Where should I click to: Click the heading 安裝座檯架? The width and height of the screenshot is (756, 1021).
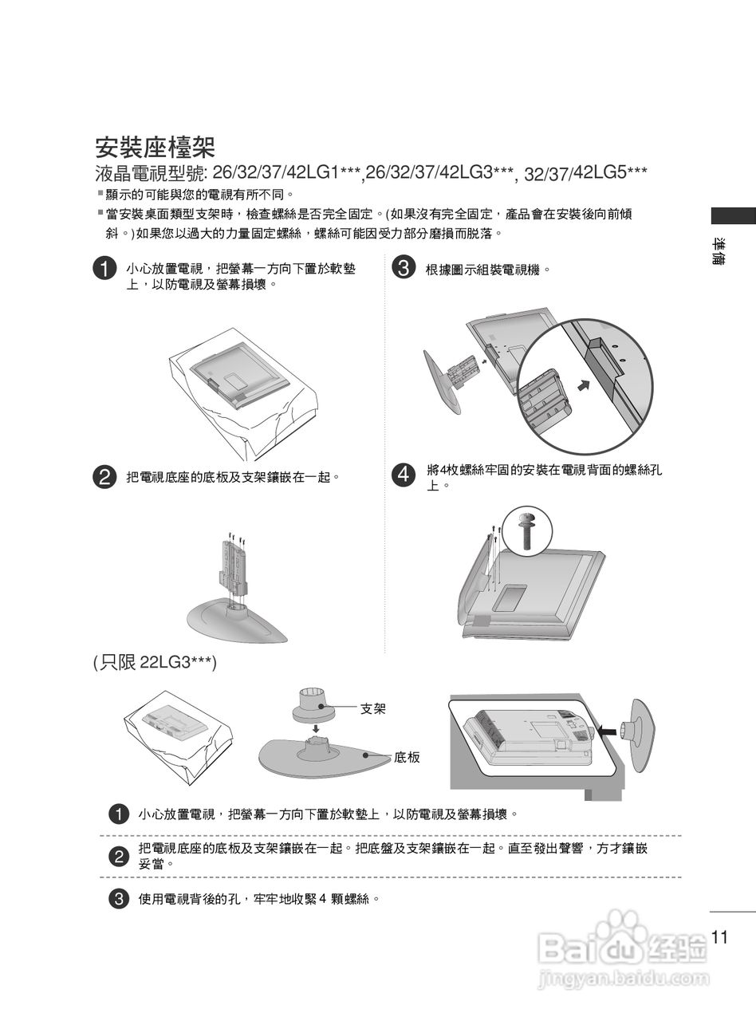(x=155, y=148)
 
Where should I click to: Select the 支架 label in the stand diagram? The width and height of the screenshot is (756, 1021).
(x=373, y=709)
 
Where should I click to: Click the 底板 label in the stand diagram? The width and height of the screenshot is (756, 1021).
(x=407, y=757)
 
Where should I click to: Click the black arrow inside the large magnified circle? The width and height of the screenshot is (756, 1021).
(x=585, y=384)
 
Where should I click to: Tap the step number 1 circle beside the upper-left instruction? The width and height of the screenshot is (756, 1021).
(x=104, y=269)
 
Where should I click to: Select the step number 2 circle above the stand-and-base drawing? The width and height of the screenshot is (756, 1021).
(x=104, y=477)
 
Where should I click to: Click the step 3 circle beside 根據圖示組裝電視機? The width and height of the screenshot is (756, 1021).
(x=404, y=267)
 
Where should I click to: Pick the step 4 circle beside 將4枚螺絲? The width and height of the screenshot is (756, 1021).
(x=404, y=474)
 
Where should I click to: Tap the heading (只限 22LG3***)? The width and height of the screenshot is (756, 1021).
(x=156, y=664)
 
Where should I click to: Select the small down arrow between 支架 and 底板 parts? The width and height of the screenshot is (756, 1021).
(x=316, y=728)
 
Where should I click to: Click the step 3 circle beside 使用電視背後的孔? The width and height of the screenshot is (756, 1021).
(x=119, y=898)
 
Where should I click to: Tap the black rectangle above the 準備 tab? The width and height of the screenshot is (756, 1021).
(x=734, y=216)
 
